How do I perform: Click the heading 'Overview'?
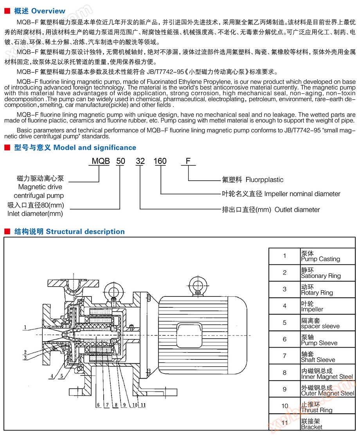[x=48, y=11]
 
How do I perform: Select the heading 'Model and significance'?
[x=95, y=148]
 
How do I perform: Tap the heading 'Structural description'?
[x=85, y=232]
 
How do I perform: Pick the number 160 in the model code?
[x=160, y=161]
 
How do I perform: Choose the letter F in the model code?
[x=188, y=161]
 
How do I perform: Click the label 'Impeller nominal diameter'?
[x=302, y=194]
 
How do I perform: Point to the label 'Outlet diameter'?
[x=297, y=210]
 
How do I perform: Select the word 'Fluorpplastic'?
[x=265, y=180]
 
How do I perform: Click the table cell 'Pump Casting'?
[x=320, y=259]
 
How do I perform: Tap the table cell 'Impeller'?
[x=312, y=309]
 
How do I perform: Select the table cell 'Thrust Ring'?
[x=317, y=410]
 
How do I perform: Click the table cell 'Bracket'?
[x=312, y=427]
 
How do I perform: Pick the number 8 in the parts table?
[x=285, y=373]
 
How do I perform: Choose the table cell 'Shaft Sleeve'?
[x=318, y=360]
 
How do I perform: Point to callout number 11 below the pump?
[x=143, y=405]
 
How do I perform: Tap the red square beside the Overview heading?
[x=7, y=11]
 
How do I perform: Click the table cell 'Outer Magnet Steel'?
[x=328, y=393]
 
